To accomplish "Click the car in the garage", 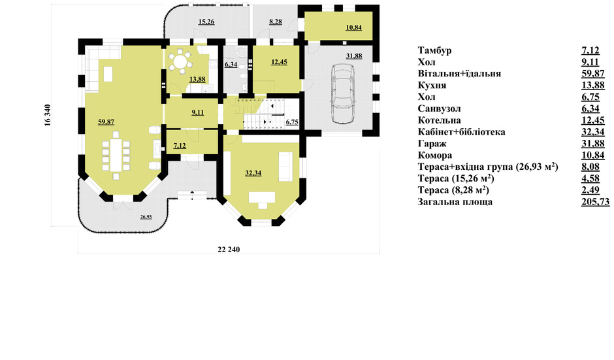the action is (x=343, y=93).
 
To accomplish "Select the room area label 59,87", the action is (x=106, y=122).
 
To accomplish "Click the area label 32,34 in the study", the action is (x=253, y=173).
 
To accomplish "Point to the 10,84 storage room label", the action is (x=353, y=27).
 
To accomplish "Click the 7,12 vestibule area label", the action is (x=180, y=146).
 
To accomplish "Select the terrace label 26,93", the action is (x=146, y=217).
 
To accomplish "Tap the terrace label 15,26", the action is (x=206, y=22).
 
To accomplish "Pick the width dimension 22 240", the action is (x=229, y=250).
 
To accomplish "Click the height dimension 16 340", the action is (x=48, y=115).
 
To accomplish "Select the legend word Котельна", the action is (x=440, y=120).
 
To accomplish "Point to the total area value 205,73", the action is (x=596, y=202).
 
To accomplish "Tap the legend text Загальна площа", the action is (x=455, y=202).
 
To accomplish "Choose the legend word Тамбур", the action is (x=434, y=50).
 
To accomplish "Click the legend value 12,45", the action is (x=593, y=120).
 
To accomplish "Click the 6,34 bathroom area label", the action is (x=231, y=64).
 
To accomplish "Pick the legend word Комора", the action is (x=435, y=155).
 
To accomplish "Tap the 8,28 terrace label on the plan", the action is (x=276, y=22).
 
